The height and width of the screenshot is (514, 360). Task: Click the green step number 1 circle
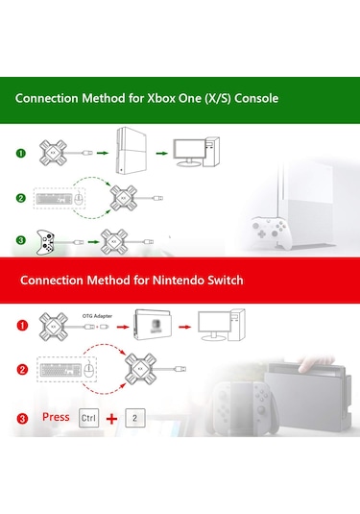(21, 153)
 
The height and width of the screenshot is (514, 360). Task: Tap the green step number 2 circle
(21, 199)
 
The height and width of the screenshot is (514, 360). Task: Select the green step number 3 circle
(21, 240)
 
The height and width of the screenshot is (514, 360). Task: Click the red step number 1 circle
(21, 324)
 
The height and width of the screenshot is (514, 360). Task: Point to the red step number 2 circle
(21, 370)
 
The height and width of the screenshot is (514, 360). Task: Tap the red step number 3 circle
(21, 419)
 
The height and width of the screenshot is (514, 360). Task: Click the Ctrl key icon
(88, 419)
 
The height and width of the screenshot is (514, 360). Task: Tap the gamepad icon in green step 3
(46, 241)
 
